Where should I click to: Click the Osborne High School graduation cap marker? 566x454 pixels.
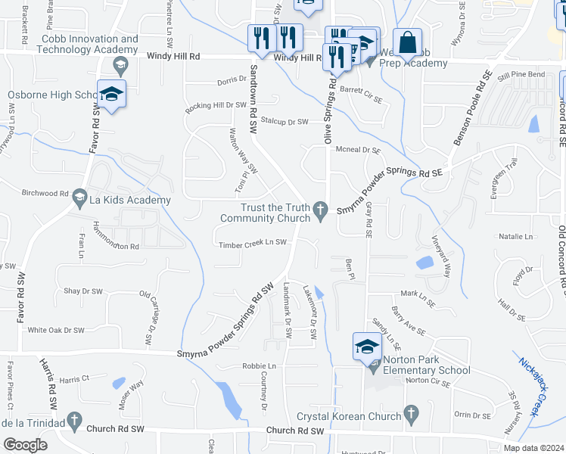[x=111, y=96]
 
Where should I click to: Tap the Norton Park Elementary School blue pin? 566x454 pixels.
[x=367, y=348]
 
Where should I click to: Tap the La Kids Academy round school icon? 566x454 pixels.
[x=79, y=200]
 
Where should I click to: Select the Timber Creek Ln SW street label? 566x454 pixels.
[x=252, y=244]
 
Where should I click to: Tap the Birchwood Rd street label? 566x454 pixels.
[x=45, y=193]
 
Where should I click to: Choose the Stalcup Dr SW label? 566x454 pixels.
[x=284, y=121]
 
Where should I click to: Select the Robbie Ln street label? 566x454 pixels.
[x=259, y=366]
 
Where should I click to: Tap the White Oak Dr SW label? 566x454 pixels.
[x=55, y=330]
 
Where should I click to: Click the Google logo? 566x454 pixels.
[x=25, y=444]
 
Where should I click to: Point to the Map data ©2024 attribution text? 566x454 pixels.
[x=533, y=448]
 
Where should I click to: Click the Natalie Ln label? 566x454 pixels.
[x=515, y=237]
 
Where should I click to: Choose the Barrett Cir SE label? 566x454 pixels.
[x=361, y=89]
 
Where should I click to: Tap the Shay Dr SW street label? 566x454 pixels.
[x=82, y=291]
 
